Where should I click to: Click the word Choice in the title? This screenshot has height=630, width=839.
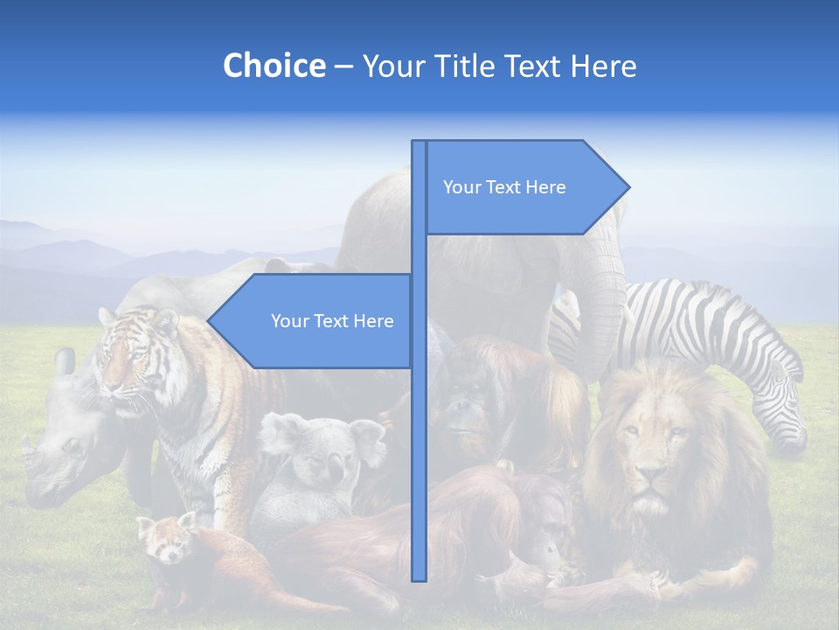[274, 66]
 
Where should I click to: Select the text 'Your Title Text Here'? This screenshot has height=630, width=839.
[499, 66]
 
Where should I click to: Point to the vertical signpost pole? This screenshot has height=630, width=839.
[419, 437]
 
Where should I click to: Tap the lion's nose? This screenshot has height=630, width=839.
[648, 477]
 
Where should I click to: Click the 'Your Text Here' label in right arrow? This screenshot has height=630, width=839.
[504, 187]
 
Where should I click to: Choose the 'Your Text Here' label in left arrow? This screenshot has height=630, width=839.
[332, 321]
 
